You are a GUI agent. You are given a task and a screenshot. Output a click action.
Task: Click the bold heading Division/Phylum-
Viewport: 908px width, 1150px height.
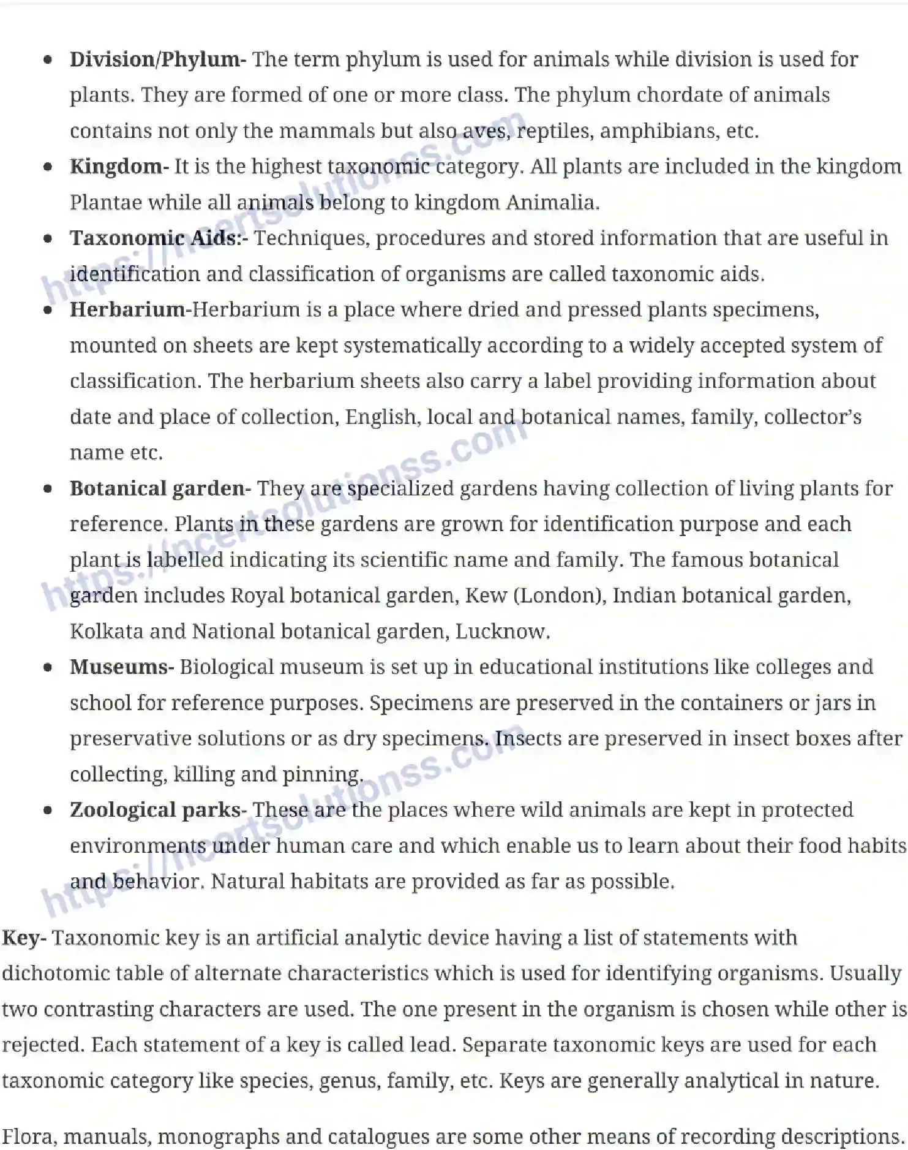(157, 59)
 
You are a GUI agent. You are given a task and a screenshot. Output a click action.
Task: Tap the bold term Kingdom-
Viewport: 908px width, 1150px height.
(119, 167)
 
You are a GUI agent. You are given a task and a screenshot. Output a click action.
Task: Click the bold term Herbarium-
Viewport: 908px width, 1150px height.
(130, 310)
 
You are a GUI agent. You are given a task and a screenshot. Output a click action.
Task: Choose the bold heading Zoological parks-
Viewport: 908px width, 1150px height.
(158, 810)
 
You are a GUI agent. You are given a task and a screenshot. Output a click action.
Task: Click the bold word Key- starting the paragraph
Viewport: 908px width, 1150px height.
(24, 938)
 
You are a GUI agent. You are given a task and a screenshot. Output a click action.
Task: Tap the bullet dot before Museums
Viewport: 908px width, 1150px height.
(48, 668)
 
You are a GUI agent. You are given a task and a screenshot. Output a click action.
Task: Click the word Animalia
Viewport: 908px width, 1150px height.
(552, 203)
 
